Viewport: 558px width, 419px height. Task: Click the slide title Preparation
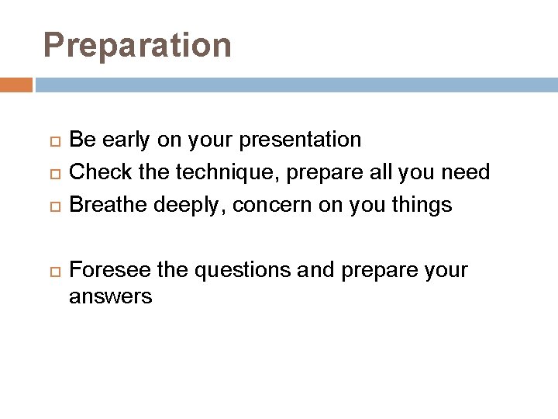[137, 45]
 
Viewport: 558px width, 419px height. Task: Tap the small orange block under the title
[15, 85]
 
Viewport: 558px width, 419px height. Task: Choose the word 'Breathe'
[108, 205]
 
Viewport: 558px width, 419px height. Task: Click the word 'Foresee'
[110, 270]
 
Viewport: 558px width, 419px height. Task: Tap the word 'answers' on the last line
[110, 296]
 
